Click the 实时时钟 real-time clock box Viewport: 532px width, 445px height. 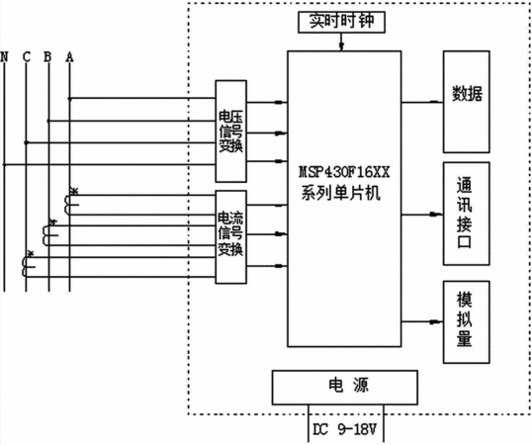tap(341, 22)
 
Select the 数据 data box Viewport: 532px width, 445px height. tap(466, 102)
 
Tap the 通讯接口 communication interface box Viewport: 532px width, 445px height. tap(466, 214)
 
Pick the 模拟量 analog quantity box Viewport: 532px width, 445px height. tap(466, 321)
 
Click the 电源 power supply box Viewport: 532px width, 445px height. tap(345, 388)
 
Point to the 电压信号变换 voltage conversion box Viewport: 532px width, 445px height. tap(231, 131)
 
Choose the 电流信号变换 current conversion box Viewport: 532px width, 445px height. tap(231, 236)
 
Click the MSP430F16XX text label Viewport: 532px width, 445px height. tap(344, 172)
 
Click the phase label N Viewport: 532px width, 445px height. tap(4, 56)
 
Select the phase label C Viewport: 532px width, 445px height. tap(27, 56)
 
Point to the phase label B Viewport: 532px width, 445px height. tap(47, 56)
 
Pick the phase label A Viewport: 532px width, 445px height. tap(69, 56)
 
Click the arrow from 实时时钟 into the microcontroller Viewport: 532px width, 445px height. tap(342, 43)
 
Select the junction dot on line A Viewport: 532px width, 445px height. tap(69, 99)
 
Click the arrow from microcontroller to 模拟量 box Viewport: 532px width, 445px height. tap(422, 321)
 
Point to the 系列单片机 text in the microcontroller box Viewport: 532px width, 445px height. tap(340, 194)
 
